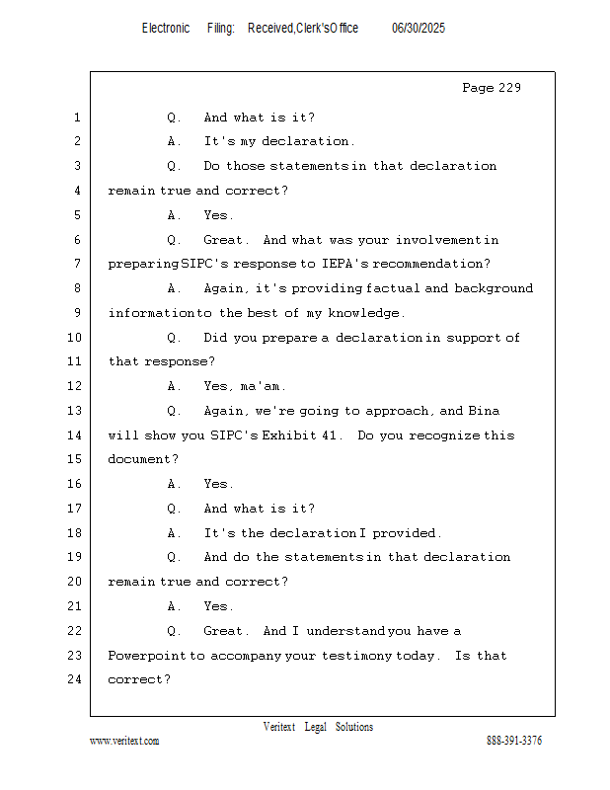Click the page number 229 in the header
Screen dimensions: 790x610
[508, 88]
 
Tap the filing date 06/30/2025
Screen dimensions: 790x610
[419, 29]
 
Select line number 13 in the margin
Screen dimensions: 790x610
[76, 411]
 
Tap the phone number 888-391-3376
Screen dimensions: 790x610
[514, 741]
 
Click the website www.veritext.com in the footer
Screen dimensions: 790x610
[124, 741]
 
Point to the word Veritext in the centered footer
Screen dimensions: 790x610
[279, 727]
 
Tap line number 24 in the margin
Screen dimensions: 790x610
[76, 679]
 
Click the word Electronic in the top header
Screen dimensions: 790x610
[166, 29]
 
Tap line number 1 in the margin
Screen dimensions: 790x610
[77, 118]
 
